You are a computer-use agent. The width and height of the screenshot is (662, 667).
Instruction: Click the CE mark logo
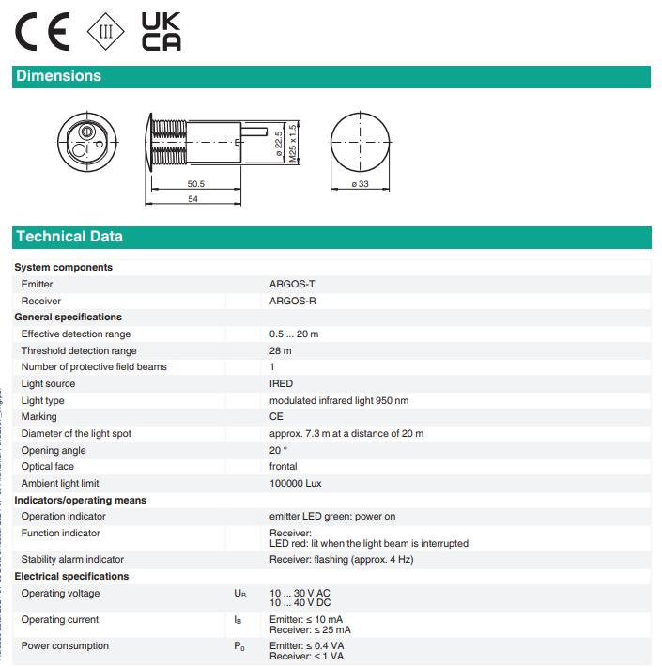(x=41, y=33)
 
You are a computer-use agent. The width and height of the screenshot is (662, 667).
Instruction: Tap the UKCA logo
(x=160, y=32)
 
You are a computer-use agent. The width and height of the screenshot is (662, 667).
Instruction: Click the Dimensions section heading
(x=58, y=76)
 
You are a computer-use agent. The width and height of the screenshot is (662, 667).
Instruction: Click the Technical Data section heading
(x=69, y=237)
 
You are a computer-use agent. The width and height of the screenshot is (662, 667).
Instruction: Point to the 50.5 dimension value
(x=195, y=184)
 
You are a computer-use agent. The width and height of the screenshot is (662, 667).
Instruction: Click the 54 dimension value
(x=192, y=199)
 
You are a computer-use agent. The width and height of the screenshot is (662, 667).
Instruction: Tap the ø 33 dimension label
(x=360, y=184)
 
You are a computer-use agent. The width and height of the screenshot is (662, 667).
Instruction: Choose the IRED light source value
(x=281, y=383)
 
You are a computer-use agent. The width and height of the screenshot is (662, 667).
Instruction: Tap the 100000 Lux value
(x=296, y=483)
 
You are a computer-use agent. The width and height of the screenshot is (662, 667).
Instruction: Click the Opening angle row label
(x=53, y=450)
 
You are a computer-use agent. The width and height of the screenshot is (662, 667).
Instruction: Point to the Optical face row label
(x=49, y=466)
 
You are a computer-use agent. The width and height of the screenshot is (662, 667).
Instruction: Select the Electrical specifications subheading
(x=71, y=576)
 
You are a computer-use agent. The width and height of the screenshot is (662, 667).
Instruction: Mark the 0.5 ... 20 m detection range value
(x=294, y=333)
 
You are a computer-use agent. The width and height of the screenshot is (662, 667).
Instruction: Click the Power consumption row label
(x=65, y=645)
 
